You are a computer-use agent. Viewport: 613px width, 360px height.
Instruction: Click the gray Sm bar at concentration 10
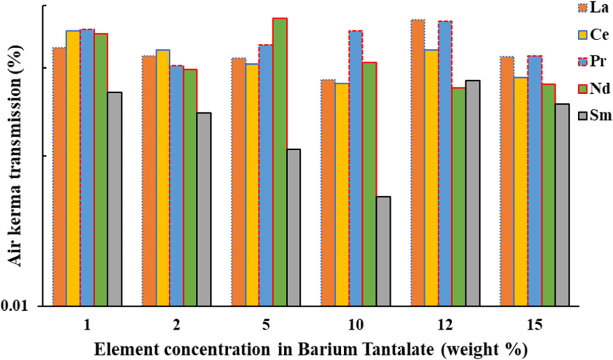[383, 251]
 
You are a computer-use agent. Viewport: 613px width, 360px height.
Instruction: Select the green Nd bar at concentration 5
[280, 162]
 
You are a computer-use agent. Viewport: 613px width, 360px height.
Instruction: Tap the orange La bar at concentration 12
[418, 163]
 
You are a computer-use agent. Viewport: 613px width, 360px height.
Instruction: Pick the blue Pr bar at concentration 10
[356, 169]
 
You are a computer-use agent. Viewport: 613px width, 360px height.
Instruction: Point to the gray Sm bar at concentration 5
[293, 228]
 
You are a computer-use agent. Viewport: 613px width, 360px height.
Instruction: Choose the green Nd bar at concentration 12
[459, 197]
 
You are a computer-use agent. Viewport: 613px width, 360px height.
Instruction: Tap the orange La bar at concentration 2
[149, 181]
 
